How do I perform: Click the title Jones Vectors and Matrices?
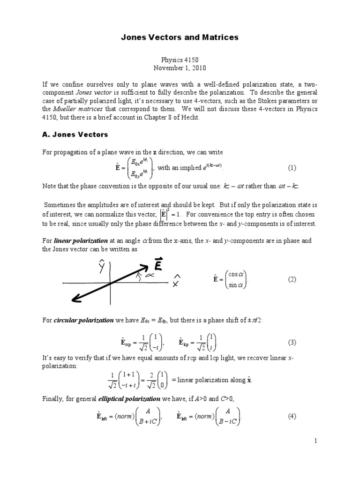[180, 37]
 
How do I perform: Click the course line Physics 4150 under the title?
[180, 60]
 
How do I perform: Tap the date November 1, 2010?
[180, 67]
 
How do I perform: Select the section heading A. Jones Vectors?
[75, 135]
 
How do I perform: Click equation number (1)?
[292, 168]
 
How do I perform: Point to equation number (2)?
[292, 279]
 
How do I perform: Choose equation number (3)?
[292, 342]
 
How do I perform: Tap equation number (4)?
[292, 416]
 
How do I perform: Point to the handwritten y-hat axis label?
[101, 267]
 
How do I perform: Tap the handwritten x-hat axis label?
[177, 280]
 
